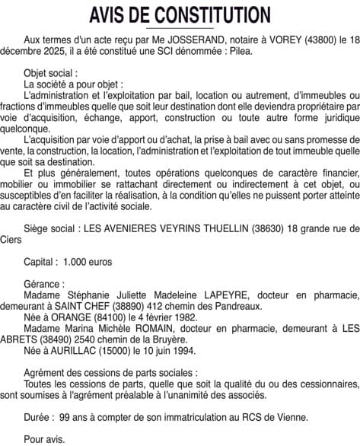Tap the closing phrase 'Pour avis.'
coord(45,439)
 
